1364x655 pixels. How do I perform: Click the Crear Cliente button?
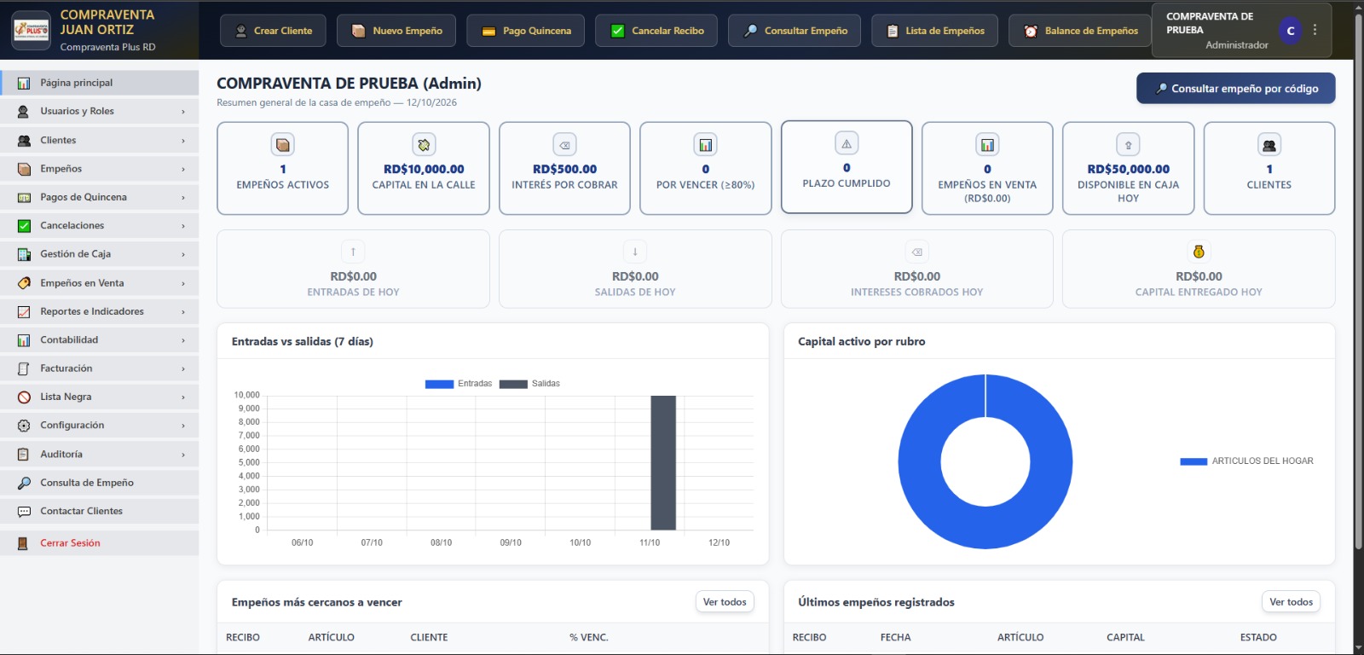pos(273,31)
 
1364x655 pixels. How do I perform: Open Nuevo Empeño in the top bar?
pos(396,31)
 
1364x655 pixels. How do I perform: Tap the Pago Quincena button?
pos(525,31)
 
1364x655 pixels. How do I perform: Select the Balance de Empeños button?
pos(1079,31)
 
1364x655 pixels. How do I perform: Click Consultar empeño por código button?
pos(1235,89)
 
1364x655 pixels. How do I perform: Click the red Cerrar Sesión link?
pos(70,543)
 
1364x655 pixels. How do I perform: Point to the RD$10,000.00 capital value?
pos(424,169)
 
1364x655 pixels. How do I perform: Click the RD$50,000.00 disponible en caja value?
pos(1129,169)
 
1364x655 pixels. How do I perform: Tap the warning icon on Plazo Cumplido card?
pos(847,144)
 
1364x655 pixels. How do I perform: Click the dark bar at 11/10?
pos(663,463)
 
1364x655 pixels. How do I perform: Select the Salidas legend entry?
pos(529,384)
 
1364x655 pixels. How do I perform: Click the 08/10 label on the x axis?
pos(441,542)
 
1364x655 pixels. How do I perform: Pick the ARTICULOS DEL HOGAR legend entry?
pos(1246,461)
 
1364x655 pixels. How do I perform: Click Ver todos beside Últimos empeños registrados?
pos(1291,602)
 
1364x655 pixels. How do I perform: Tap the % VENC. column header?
pos(589,637)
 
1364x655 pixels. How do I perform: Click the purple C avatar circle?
pos(1291,31)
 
